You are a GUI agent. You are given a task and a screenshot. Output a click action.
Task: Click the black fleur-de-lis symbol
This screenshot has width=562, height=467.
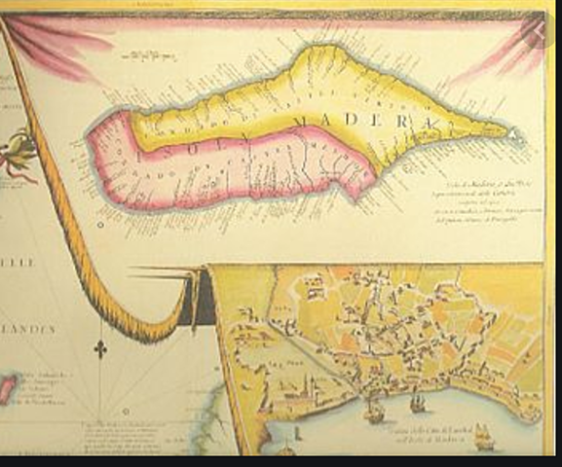pyautogui.click(x=101, y=347)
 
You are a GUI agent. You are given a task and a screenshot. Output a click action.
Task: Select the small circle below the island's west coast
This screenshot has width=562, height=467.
pyautogui.click(x=101, y=223)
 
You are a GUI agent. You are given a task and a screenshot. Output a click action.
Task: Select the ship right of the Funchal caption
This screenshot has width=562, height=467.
pyautogui.click(x=484, y=437)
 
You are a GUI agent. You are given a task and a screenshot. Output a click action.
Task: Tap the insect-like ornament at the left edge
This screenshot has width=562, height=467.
pyautogui.click(x=17, y=156)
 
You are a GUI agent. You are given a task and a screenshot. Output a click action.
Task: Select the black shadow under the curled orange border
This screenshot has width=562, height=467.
pyautogui.click(x=201, y=302)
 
